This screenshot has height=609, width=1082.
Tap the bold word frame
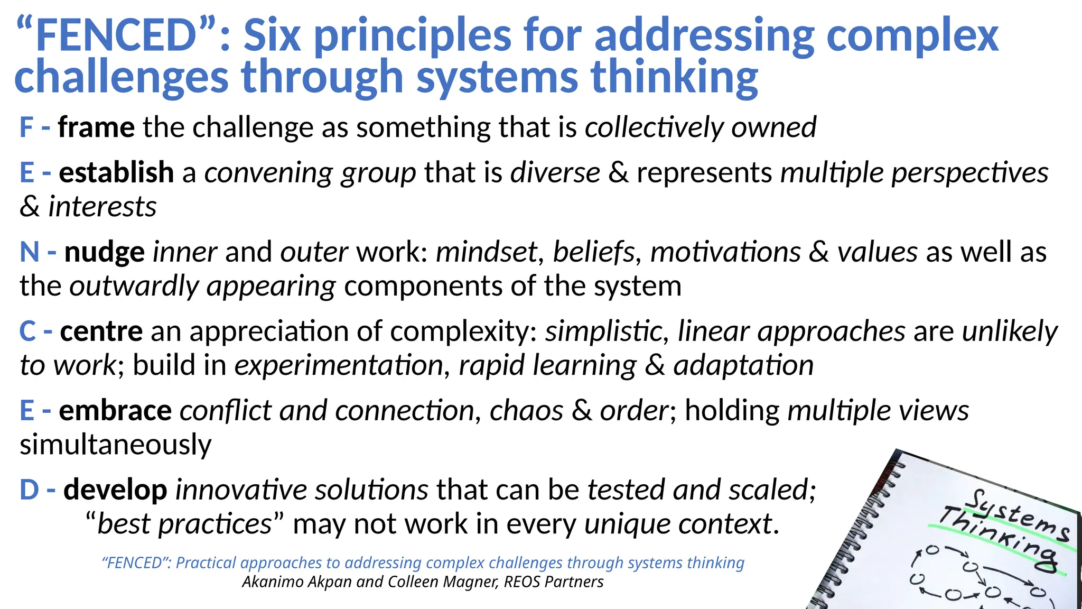[96, 127]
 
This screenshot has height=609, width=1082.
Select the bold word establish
[116, 172]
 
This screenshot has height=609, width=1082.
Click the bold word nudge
[104, 252]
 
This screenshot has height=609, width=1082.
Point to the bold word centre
[101, 331]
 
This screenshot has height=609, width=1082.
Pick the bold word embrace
[115, 411]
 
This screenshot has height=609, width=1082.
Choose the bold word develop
[115, 490]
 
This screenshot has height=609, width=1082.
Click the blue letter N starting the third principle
[30, 252]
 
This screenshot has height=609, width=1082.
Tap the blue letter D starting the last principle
[29, 490]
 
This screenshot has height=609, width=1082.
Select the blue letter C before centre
[27, 331]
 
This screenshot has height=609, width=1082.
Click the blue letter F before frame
[26, 127]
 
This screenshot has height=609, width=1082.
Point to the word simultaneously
[115, 445]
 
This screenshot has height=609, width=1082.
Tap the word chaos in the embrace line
[526, 411]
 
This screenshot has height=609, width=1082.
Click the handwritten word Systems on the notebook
[1017, 515]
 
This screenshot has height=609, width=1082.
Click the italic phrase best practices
[184, 524]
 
